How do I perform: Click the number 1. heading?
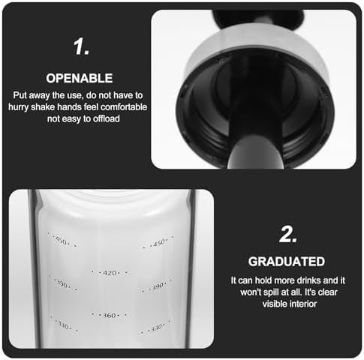coord(81,46)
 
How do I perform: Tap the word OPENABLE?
coord(80,78)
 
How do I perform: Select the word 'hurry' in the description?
coord(18,107)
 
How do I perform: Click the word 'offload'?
coord(107,118)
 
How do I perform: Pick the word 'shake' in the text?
coord(43,107)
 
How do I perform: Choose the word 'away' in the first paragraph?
coord(39,95)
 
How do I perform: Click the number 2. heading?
coord(288,234)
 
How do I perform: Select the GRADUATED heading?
coord(287,262)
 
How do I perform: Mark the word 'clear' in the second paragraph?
coord(328,292)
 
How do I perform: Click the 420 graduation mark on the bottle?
coord(110,273)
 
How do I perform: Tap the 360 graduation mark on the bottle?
coord(110,315)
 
